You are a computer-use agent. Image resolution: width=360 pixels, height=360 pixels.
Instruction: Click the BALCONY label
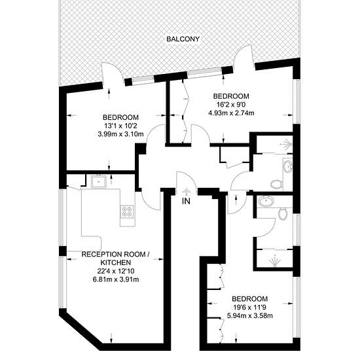click(183, 39)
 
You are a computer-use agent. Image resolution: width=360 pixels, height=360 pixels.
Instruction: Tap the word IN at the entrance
click(186, 201)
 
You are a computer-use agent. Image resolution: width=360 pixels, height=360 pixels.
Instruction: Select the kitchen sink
click(98, 181)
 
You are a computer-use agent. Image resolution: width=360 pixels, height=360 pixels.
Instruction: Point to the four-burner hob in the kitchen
click(128, 211)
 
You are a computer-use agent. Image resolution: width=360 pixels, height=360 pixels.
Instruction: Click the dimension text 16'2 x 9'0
click(231, 105)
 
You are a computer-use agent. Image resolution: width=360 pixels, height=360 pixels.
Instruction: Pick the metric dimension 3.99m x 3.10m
click(121, 134)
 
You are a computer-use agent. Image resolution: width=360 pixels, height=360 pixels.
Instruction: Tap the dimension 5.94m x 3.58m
click(250, 315)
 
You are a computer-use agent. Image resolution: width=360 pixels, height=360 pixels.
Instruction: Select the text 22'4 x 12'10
click(116, 271)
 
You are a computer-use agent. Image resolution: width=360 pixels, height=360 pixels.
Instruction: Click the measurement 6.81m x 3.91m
click(116, 279)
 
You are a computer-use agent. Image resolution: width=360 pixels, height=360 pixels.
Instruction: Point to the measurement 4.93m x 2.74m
click(231, 113)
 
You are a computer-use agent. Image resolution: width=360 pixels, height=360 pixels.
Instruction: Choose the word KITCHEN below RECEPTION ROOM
click(116, 262)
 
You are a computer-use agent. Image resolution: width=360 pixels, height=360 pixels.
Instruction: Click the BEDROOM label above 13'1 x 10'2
click(121, 118)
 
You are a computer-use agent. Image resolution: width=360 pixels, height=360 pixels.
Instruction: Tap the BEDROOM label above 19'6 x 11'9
click(250, 299)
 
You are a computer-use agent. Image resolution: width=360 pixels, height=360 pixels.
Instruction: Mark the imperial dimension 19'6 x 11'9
click(250, 307)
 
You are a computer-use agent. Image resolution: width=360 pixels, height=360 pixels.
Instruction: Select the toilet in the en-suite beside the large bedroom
click(283, 213)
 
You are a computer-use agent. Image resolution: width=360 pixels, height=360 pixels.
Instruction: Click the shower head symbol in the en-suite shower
click(275, 260)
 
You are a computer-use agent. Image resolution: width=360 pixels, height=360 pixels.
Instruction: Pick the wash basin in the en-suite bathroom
click(266, 202)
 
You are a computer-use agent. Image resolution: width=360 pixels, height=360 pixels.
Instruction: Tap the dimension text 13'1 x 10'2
click(121, 126)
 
